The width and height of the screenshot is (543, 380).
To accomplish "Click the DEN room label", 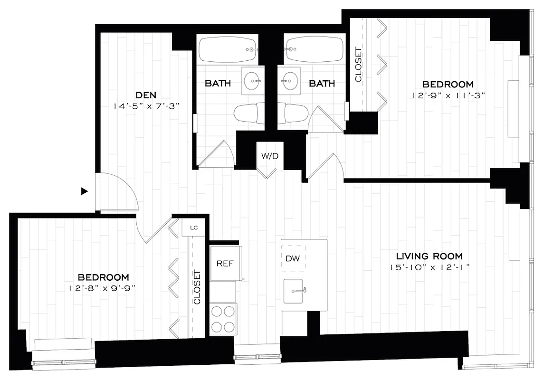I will (145, 95).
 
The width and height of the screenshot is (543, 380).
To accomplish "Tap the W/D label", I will (270, 155).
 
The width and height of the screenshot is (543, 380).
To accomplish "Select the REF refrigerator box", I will (225, 263).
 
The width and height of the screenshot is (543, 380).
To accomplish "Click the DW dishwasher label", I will (294, 258).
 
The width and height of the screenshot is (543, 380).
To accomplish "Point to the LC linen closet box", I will (193, 228).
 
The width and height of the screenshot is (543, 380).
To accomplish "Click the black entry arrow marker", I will (85, 191).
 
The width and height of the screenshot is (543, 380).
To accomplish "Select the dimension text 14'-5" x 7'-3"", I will (146, 106).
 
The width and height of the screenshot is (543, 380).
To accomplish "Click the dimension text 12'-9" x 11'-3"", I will (448, 95).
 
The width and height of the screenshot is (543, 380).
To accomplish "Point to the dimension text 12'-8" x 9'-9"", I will (103, 288).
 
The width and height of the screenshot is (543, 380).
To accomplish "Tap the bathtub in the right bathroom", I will (314, 49).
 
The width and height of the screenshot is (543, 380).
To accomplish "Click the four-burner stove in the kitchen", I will (223, 319).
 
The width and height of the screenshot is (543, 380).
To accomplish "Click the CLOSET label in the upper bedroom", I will (359, 65).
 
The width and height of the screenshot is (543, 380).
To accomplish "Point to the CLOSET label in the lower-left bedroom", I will (197, 287).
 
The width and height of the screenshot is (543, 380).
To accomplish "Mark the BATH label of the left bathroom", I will (218, 84).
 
